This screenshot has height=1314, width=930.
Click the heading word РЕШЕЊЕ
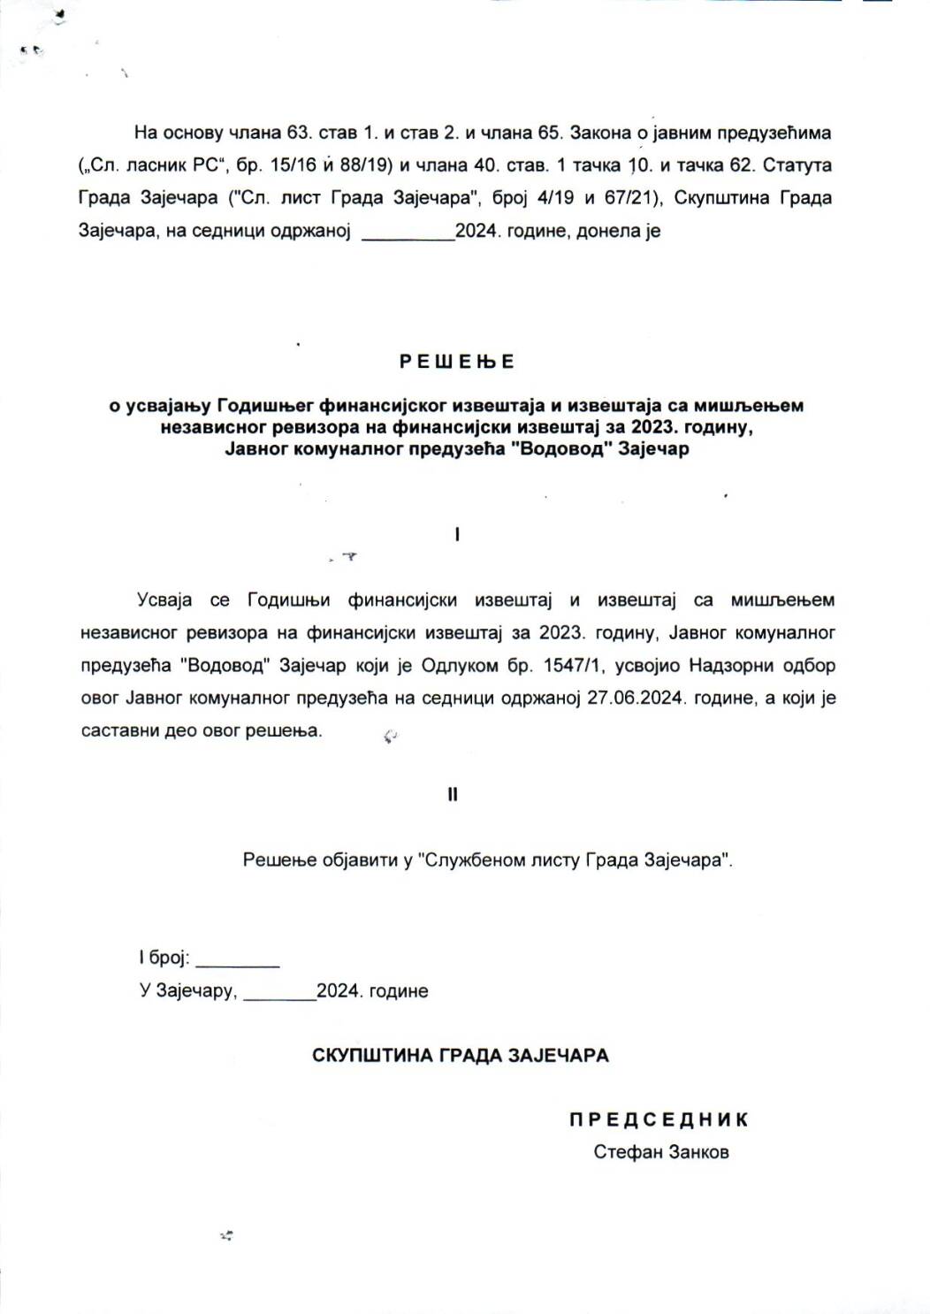pyautogui.click(x=456, y=362)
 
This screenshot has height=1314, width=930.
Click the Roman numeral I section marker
pyautogui.click(x=457, y=534)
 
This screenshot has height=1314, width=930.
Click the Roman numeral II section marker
pyautogui.click(x=453, y=794)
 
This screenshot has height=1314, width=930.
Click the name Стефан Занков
pyautogui.click(x=661, y=1152)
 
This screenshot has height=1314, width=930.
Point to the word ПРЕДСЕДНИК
pyautogui.click(x=659, y=1119)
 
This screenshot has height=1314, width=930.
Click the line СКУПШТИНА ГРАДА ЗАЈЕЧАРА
pyautogui.click(x=460, y=1055)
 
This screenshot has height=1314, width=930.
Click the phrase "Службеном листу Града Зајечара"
pyautogui.click(x=575, y=859)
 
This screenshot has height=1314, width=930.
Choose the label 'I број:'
pyautogui.click(x=164, y=958)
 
